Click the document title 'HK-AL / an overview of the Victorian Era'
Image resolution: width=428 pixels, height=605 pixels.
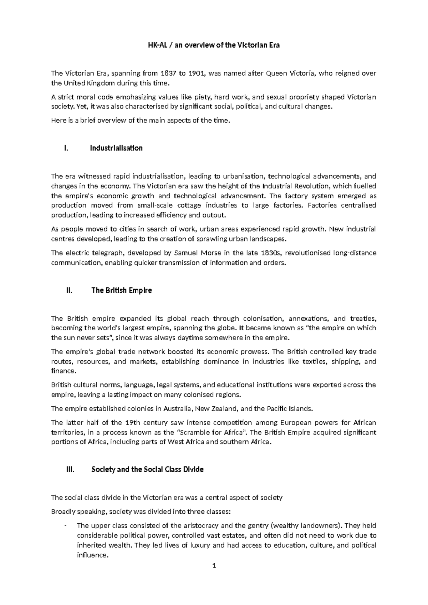214,45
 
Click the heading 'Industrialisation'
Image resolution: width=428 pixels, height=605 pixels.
116,148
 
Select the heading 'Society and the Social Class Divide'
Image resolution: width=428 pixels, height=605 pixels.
147,469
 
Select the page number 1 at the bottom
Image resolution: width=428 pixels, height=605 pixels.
214,566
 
